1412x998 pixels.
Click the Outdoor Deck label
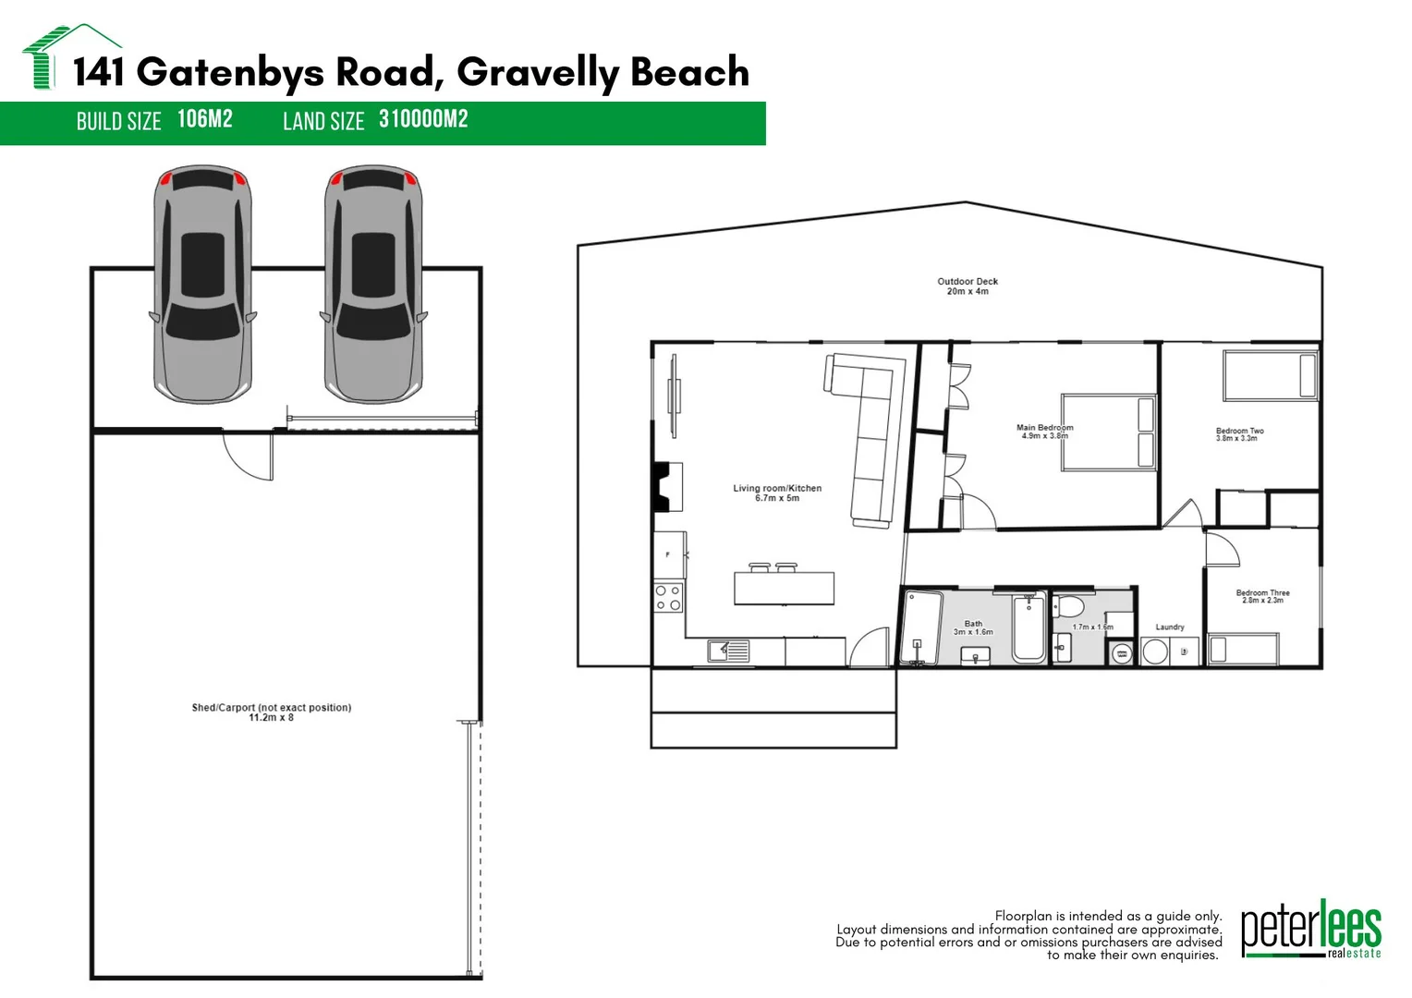[x=968, y=286]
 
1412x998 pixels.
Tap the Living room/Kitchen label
[x=777, y=493]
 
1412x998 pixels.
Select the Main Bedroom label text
[x=1044, y=432]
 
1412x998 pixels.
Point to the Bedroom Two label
[x=1239, y=434]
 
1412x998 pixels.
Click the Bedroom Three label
[x=1262, y=596]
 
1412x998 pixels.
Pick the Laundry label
[x=1170, y=627]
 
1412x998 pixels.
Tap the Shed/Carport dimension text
[x=271, y=717]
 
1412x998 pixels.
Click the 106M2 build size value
[x=205, y=119]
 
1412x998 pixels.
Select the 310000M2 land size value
[x=423, y=119]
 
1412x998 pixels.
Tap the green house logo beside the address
[x=70, y=55]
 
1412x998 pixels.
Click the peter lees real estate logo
[x=1311, y=930]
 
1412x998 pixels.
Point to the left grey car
[x=203, y=284]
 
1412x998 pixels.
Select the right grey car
[x=374, y=284]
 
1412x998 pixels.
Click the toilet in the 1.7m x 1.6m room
[x=1066, y=606]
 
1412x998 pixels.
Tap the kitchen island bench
[x=785, y=589]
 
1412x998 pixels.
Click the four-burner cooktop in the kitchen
[x=668, y=598]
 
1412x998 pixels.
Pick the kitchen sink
[x=729, y=651]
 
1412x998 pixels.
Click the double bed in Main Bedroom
[x=1109, y=432]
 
